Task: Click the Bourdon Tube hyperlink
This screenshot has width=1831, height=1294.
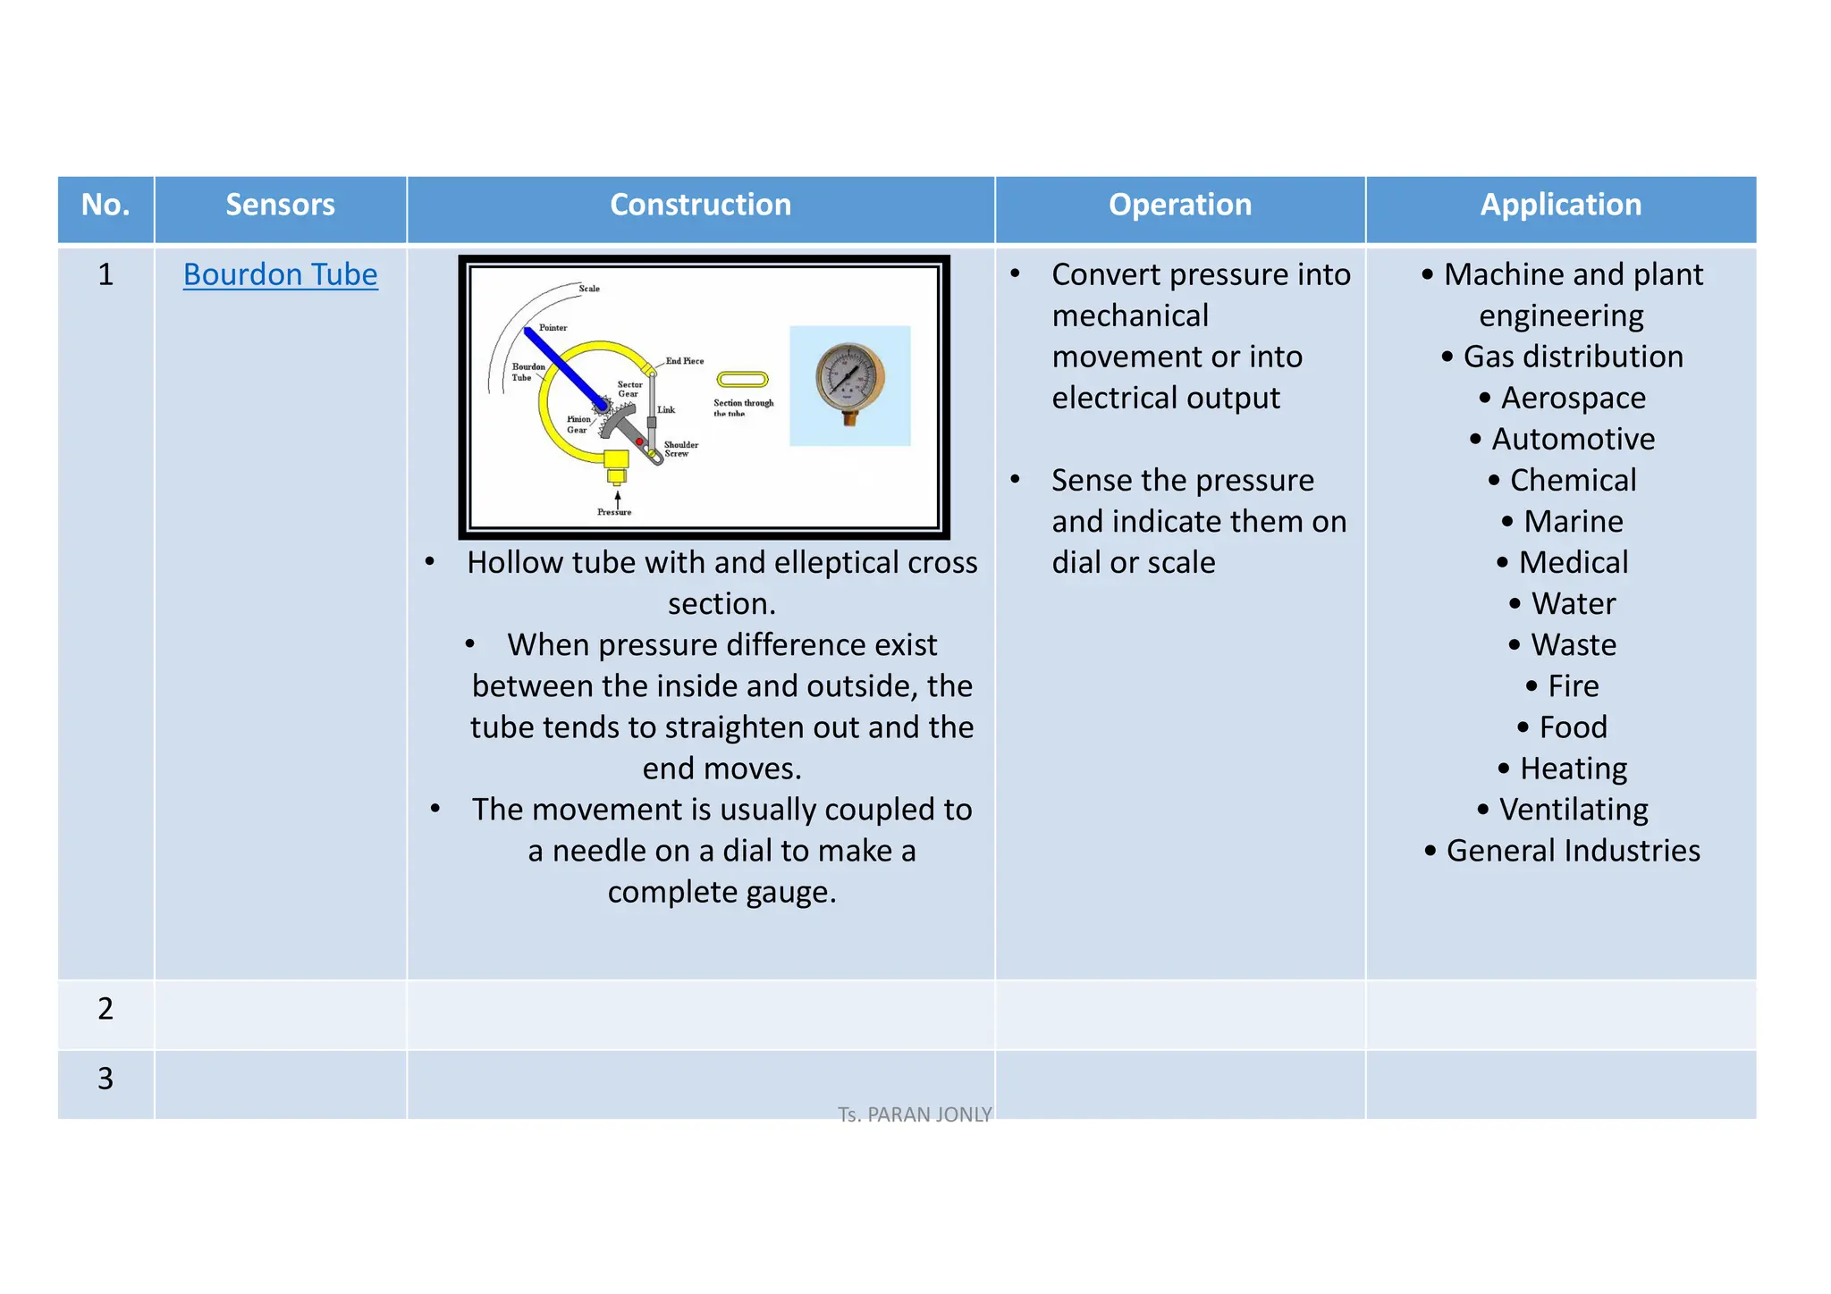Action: click(x=280, y=274)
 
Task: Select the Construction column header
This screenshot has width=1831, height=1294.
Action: click(x=700, y=205)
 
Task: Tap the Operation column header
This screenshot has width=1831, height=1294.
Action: click(x=1179, y=205)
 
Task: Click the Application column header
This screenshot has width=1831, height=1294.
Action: click(x=1560, y=205)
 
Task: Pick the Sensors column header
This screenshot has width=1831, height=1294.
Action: click(x=280, y=205)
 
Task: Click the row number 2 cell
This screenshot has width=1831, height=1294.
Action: click(x=105, y=1009)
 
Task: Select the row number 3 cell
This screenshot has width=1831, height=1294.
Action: click(x=105, y=1079)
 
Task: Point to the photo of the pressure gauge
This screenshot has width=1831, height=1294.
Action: click(x=849, y=384)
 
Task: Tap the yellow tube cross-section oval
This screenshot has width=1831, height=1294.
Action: click(x=742, y=379)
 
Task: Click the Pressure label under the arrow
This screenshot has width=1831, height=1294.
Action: click(x=614, y=512)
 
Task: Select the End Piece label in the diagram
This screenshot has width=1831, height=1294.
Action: click(x=685, y=361)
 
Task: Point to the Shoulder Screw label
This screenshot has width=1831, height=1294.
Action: click(x=681, y=449)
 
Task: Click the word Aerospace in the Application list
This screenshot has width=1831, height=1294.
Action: click(x=1573, y=398)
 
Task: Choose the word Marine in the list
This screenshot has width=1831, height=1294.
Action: click(x=1573, y=521)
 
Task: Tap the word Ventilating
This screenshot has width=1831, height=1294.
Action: click(x=1573, y=810)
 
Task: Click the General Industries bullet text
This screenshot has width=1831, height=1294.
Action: click(x=1573, y=851)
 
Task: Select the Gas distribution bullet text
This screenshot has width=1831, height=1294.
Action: click(x=1573, y=357)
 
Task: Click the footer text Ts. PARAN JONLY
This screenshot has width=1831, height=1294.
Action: click(x=915, y=1114)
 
